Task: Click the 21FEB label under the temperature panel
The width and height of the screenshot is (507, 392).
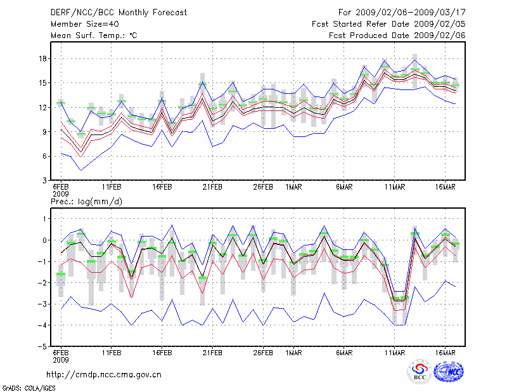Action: [212, 188]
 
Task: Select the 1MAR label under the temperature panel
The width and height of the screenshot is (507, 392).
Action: [293, 188]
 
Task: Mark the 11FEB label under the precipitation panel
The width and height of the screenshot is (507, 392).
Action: [112, 353]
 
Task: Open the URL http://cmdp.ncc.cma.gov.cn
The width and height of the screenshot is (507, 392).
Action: [104, 375]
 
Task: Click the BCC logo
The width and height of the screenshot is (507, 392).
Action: [420, 372]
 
